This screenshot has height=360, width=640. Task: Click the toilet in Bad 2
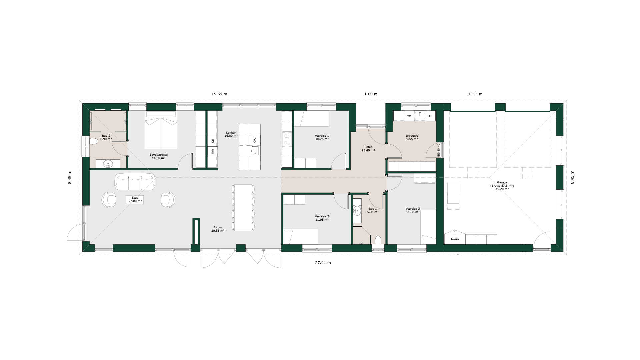pyautogui.click(x=94, y=141)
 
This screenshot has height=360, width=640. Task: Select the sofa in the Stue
pyautogui.click(x=135, y=182)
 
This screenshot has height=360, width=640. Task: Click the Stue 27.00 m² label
pyautogui.click(x=135, y=199)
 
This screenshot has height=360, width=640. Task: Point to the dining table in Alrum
pyautogui.click(x=243, y=207)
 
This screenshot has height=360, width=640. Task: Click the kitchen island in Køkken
pyautogui.click(x=250, y=147)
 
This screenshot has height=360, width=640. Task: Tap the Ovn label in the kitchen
pyautogui.click(x=213, y=151)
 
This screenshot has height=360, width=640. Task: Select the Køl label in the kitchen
pyautogui.click(x=213, y=141)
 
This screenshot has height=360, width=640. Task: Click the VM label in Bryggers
pyautogui.click(x=409, y=116)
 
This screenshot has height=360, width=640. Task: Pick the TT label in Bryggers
pyautogui.click(x=430, y=116)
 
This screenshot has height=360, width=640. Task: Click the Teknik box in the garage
pyautogui.click(x=455, y=239)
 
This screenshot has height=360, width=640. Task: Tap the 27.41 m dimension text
pyautogui.click(x=323, y=263)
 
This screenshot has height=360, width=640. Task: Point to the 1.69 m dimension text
pyautogui.click(x=371, y=94)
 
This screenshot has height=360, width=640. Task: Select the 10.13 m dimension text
pyautogui.click(x=474, y=94)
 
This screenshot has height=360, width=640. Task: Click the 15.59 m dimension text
pyautogui.click(x=219, y=94)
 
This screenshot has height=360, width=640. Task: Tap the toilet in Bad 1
pyautogui.click(x=378, y=240)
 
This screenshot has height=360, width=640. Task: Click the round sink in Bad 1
pyautogui.click(x=357, y=210)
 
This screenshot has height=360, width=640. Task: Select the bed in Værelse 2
pyautogui.click(x=301, y=236)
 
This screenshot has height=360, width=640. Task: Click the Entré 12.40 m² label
pyautogui.click(x=368, y=149)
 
